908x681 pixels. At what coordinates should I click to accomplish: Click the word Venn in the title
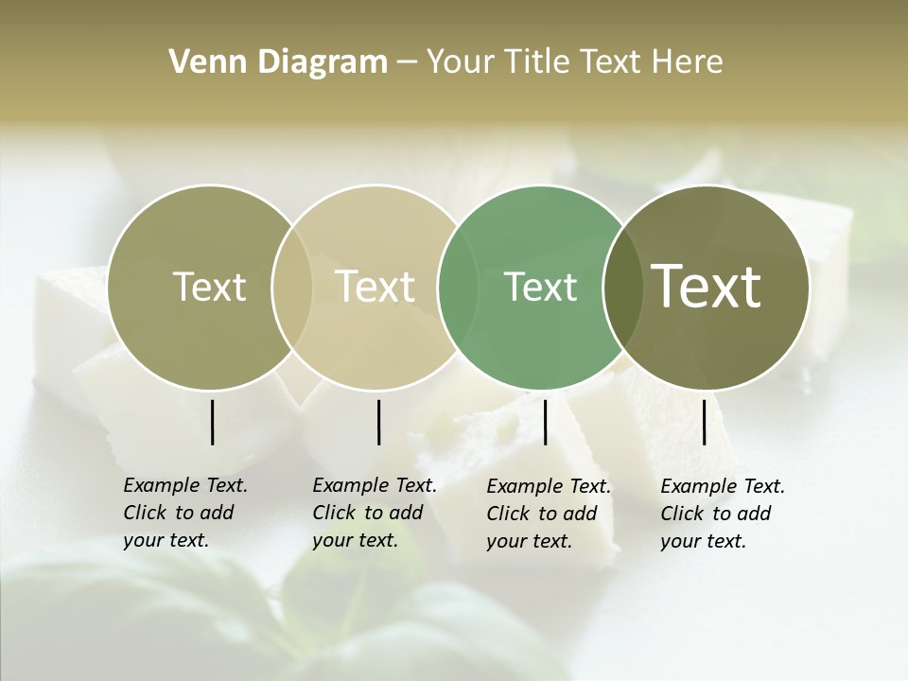[200, 62]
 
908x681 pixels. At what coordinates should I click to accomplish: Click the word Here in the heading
[687, 62]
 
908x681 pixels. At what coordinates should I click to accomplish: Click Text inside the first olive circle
[209, 287]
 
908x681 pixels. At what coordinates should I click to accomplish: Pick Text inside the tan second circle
[375, 287]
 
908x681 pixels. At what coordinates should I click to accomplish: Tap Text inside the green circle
[540, 287]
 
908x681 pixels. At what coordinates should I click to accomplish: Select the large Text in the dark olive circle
[706, 287]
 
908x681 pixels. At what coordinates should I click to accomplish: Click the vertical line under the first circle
[212, 422]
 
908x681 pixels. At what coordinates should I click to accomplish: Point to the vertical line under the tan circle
[378, 422]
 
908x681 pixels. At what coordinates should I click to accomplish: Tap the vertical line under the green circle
[545, 422]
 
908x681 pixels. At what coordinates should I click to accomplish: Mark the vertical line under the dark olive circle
[705, 422]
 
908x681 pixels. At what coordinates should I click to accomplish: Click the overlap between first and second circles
[292, 287]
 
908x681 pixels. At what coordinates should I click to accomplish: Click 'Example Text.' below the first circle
[185, 485]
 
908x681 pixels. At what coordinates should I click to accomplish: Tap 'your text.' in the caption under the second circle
[355, 540]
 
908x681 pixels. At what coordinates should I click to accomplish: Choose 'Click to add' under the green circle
[542, 514]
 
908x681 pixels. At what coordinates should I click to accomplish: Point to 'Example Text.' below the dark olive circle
[723, 486]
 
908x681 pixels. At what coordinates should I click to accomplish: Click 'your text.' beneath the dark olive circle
[703, 541]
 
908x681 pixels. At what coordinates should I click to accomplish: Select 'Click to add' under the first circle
[179, 513]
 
